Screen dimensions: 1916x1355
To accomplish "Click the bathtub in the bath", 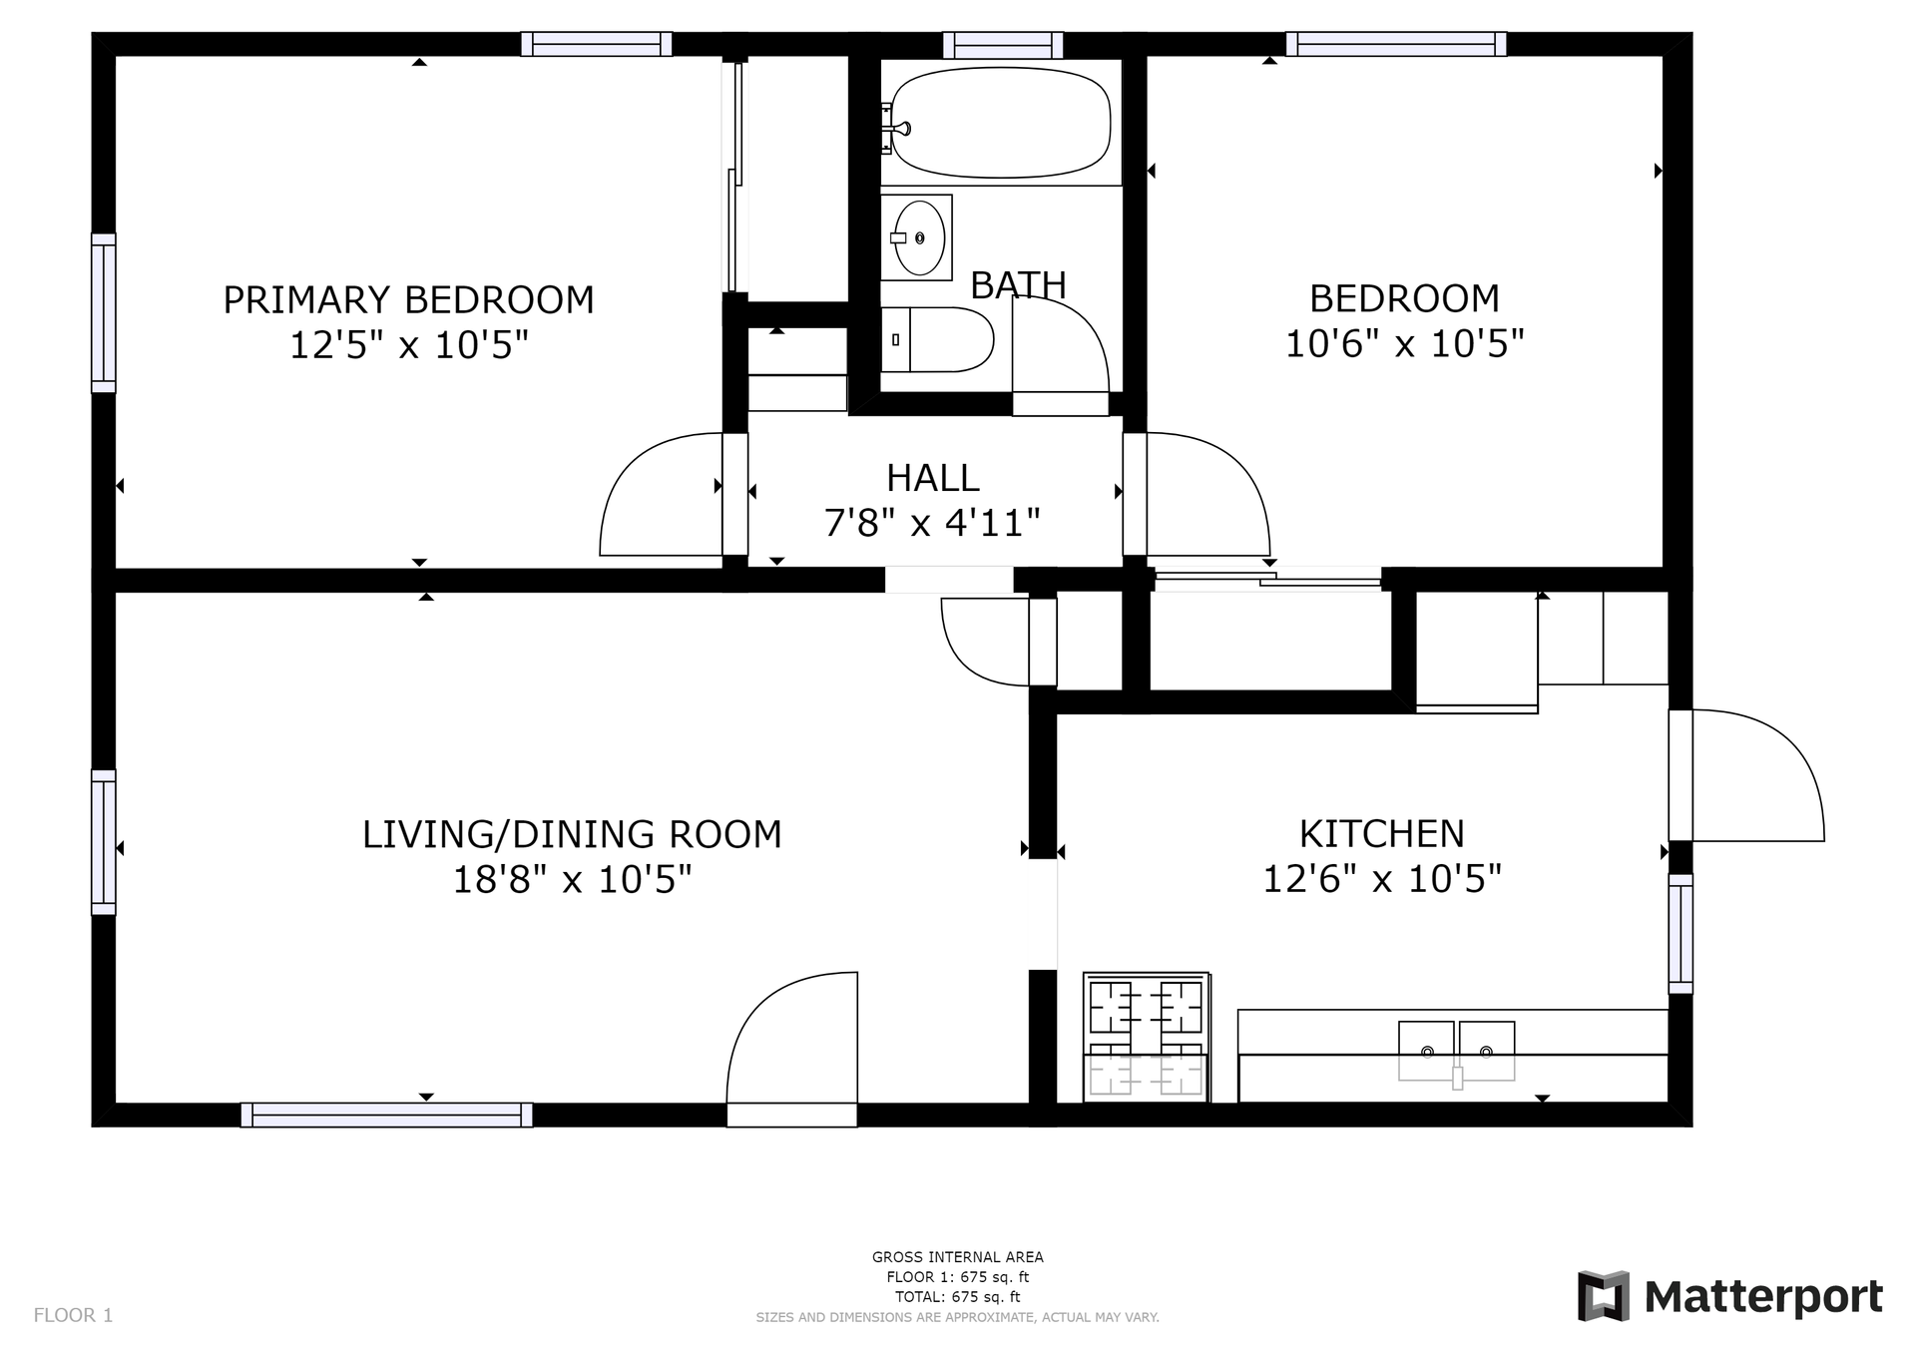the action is point(1000,122).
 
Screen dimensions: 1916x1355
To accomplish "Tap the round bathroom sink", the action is point(919,237).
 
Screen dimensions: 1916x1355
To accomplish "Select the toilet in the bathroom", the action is point(937,339).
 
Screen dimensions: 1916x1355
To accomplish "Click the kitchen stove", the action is point(1146,1037).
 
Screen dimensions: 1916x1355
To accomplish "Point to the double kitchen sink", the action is point(1456,1052).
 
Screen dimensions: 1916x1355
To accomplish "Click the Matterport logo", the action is point(1729,1296).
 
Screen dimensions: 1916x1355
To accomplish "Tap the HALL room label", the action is point(933,478).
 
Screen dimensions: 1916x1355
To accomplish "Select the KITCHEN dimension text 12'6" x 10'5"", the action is point(1382,879).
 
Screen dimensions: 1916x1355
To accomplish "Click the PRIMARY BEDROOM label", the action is point(408,299).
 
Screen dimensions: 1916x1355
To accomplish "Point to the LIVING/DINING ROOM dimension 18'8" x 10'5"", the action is point(572,880).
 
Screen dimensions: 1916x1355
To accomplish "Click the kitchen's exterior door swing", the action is point(1757,775).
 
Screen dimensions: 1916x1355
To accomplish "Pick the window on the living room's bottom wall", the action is point(386,1115).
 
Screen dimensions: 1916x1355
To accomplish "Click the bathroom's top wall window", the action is point(1003,45).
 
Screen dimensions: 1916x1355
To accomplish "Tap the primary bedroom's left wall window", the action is point(104,313).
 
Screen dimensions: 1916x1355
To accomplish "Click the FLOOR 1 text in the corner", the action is point(73,1315).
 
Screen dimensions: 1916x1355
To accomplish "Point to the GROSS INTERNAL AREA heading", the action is point(958,1257).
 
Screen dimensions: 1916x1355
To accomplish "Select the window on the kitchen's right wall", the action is point(1680,934).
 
